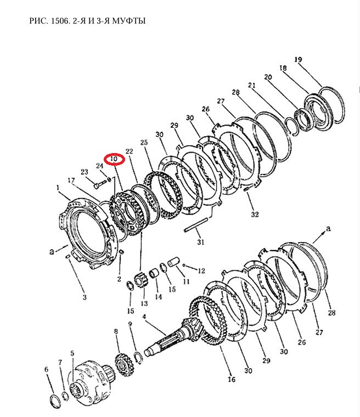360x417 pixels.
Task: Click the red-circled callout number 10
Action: (x=114, y=159)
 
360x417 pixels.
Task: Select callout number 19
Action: (x=299, y=59)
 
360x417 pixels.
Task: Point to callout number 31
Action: (x=201, y=242)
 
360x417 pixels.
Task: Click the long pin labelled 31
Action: (x=196, y=225)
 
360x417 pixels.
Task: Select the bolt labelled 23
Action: (x=98, y=184)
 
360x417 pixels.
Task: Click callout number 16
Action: (x=232, y=379)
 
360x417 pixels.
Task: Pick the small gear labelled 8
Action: (x=123, y=364)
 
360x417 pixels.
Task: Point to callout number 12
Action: (x=201, y=271)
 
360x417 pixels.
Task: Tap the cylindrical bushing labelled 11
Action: (x=175, y=262)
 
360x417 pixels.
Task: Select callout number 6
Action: (x=47, y=369)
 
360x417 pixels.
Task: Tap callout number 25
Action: (x=144, y=142)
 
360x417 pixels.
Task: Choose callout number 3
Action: (x=85, y=297)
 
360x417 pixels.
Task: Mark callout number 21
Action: (x=251, y=85)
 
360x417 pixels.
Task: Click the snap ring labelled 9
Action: (x=139, y=357)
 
